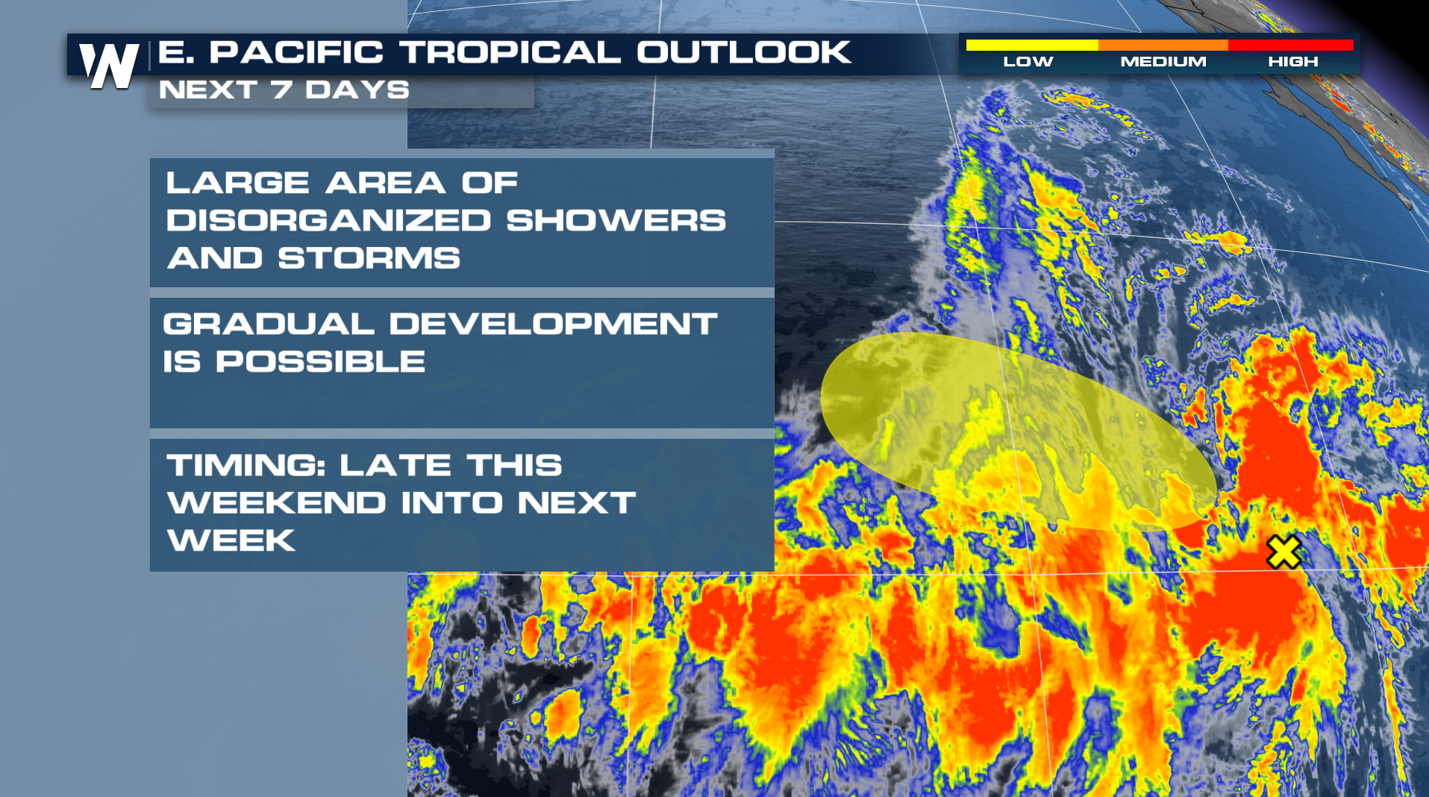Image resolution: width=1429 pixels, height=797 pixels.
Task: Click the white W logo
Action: click(x=109, y=66)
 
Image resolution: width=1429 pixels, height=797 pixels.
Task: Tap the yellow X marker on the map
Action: click(x=1283, y=552)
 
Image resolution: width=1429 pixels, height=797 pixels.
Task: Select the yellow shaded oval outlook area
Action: click(x=1019, y=431)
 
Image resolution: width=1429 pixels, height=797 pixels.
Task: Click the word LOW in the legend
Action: click(x=1028, y=62)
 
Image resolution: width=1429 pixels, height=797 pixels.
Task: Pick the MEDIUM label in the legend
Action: click(x=1163, y=62)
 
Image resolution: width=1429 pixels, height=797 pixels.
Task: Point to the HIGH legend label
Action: click(x=1292, y=62)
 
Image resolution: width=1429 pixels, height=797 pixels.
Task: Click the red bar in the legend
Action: click(x=1290, y=46)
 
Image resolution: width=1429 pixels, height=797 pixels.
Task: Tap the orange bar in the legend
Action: click(x=1163, y=46)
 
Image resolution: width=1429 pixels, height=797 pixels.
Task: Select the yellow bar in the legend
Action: click(x=1032, y=46)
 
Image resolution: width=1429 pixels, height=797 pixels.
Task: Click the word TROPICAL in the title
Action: click(x=510, y=52)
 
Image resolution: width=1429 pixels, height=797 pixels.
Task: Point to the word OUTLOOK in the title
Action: click(x=743, y=52)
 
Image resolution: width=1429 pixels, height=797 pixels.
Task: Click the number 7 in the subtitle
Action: click(x=281, y=90)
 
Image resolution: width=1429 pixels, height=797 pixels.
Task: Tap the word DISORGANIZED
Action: click(x=328, y=220)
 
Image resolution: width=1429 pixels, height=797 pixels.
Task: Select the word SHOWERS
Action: click(x=616, y=220)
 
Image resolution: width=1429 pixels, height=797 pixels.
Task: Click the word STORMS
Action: click(x=369, y=258)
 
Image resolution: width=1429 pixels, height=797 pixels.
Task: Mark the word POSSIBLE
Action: click(x=320, y=362)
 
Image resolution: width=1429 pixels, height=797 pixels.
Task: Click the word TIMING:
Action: click(x=246, y=466)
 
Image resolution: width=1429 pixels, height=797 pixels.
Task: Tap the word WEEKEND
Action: click(x=276, y=503)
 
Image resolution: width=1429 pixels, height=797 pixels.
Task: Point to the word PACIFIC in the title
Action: click(x=296, y=52)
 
